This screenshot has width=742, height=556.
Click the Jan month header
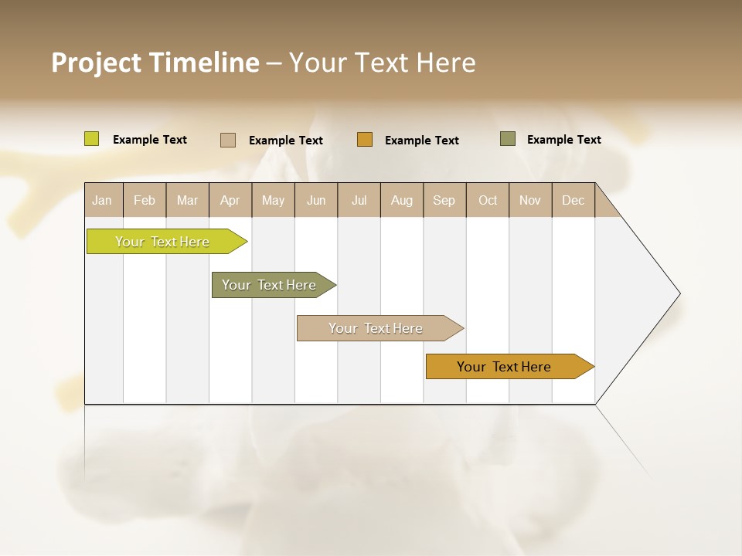tap(102, 200)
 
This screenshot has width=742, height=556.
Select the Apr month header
tap(230, 200)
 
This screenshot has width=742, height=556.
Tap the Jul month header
tap(359, 200)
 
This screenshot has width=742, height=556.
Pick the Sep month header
tap(444, 200)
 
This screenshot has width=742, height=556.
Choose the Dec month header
tap(573, 200)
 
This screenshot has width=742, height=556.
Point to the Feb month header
tap(145, 200)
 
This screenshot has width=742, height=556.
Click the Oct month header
tap(488, 200)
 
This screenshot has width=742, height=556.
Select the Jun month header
tap(316, 200)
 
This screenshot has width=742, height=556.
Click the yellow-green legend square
tap(92, 139)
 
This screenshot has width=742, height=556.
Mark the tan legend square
tap(228, 140)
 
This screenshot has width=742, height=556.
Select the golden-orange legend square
tap(365, 140)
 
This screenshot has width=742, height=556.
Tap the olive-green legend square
tap(508, 139)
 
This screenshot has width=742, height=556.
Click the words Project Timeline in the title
tap(155, 63)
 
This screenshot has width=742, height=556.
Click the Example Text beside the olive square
tap(563, 140)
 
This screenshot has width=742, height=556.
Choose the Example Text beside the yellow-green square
tap(150, 140)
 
